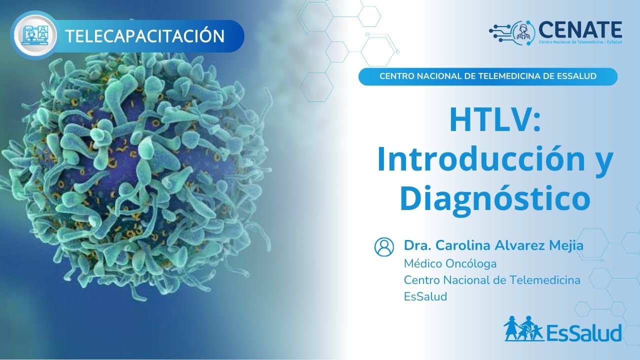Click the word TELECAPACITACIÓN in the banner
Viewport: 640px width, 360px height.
pos(145,36)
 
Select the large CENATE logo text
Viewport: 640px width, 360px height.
pos(580,29)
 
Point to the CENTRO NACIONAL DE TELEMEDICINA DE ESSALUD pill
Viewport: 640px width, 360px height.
pos(488,76)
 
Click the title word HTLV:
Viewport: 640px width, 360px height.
pos(495,120)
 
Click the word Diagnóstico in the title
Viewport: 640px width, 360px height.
pos(495,198)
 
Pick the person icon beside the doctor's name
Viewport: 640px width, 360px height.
pos(384,246)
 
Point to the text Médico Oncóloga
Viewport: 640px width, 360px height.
pos(450,263)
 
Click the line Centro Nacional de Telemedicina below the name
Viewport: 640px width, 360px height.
pos(492,280)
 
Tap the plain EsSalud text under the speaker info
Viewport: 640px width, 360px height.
pos(425,296)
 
